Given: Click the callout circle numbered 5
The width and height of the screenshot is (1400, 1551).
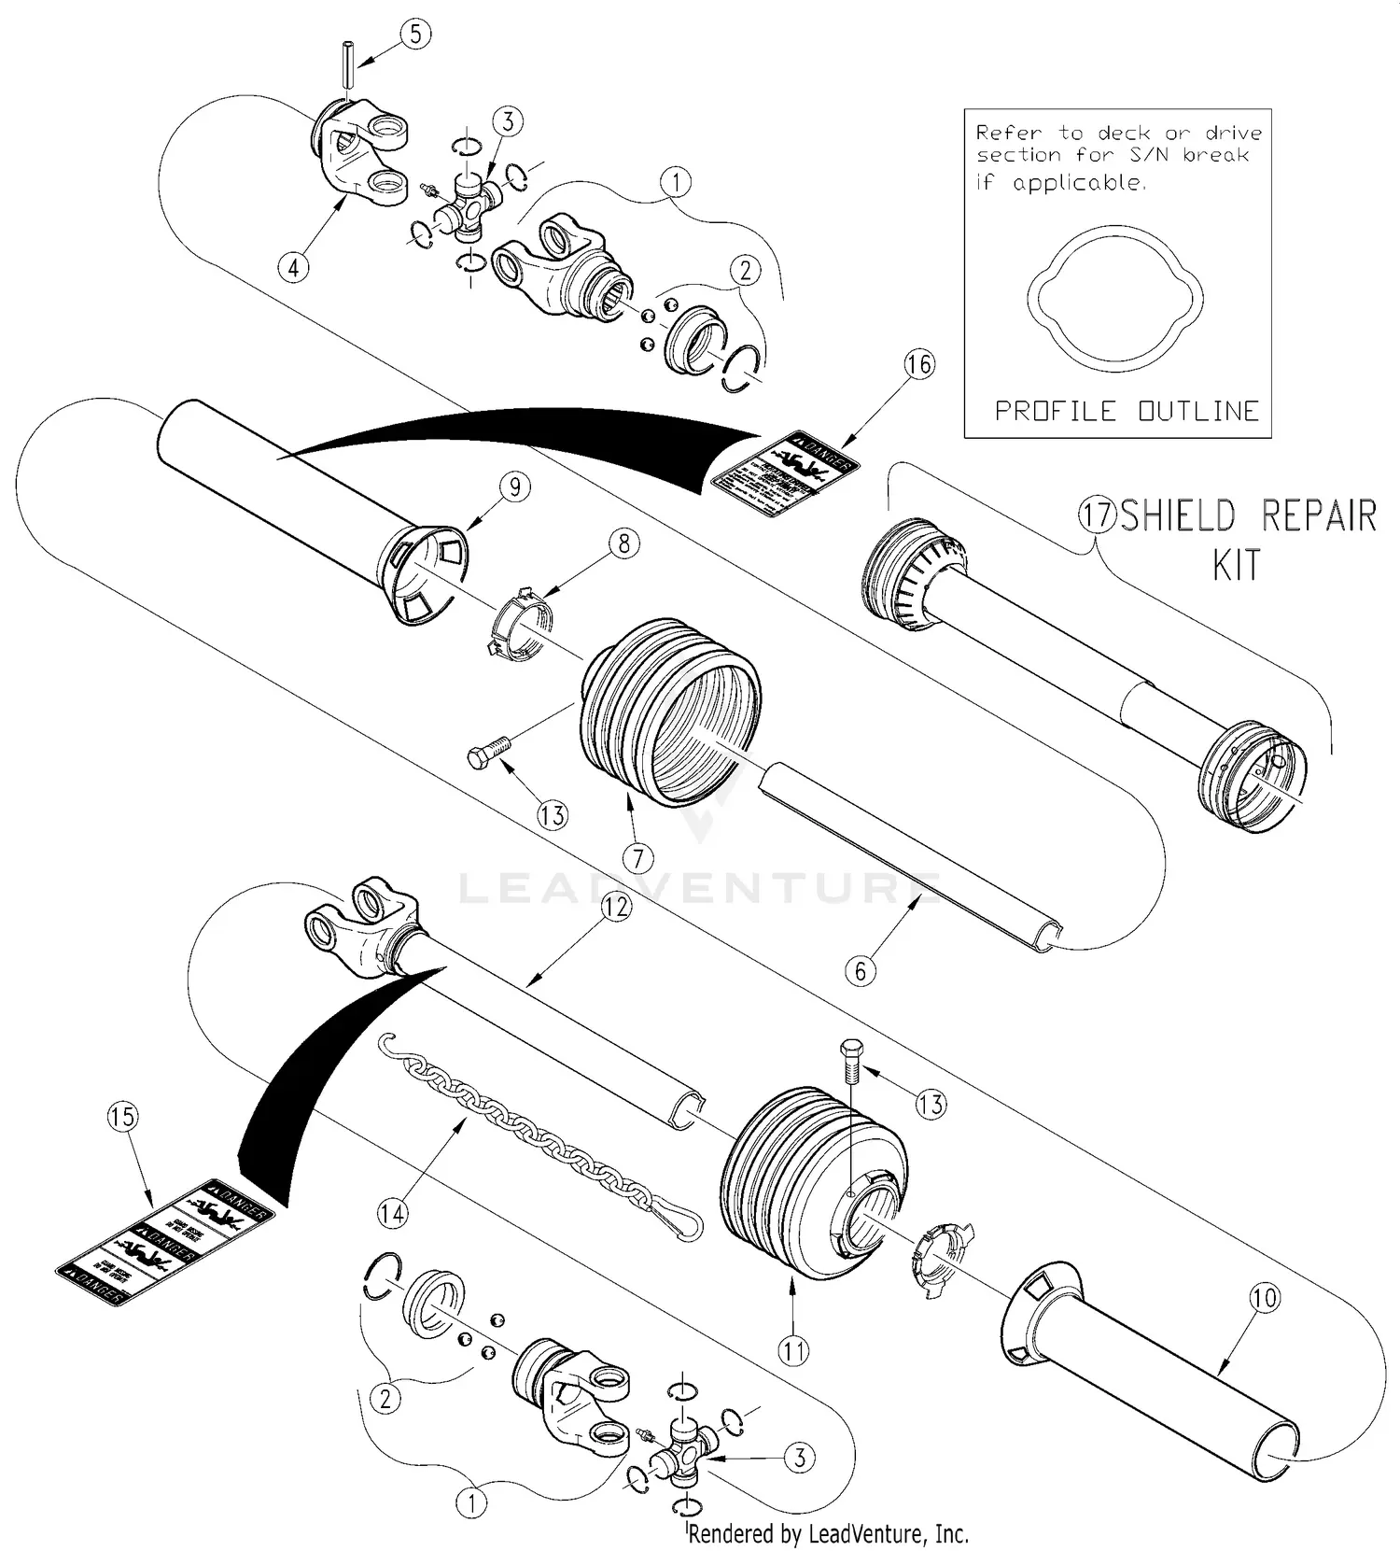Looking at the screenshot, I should click(415, 35).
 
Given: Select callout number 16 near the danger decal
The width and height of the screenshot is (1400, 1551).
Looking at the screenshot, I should click(919, 364).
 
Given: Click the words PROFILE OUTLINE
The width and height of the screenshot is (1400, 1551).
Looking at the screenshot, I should click(1127, 411).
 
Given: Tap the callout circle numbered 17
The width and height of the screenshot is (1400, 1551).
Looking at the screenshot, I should click(1098, 515).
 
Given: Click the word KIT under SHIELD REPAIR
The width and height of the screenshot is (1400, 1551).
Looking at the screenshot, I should click(1236, 566).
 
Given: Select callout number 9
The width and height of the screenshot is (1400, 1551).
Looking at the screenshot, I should click(514, 486).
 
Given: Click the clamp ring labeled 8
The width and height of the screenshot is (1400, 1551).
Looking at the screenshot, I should click(520, 621).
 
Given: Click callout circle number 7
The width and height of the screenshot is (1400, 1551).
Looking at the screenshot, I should click(638, 855).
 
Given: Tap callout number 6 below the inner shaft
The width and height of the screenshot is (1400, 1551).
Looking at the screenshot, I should click(861, 970).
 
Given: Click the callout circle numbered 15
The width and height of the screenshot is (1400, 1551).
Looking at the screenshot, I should click(122, 1117).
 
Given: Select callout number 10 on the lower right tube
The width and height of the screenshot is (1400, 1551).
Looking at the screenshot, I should click(1265, 1297).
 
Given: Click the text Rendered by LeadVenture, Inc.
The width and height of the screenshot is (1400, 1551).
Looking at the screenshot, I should click(828, 1533).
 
